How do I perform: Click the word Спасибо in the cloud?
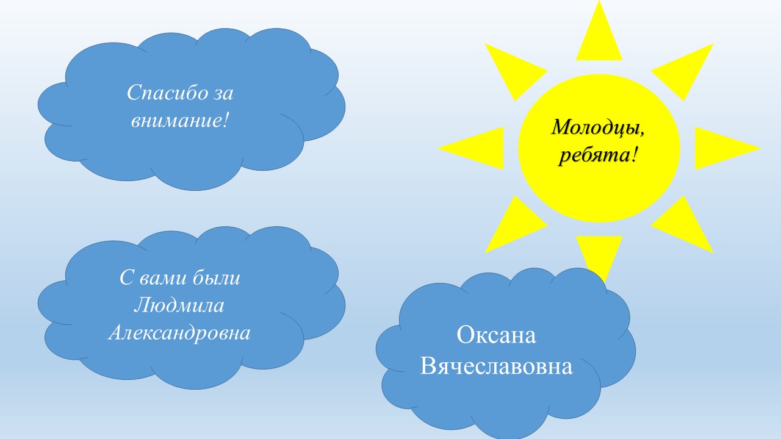tap(167, 93)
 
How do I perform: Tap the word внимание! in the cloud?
tap(180, 121)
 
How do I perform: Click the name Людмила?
tap(179, 305)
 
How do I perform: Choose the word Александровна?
tap(179, 333)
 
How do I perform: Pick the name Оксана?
tap(496, 335)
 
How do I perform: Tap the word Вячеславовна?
tap(496, 366)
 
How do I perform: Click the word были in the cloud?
tap(217, 277)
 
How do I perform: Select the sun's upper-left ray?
tap(513, 70)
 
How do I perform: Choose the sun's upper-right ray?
tap(685, 70)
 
